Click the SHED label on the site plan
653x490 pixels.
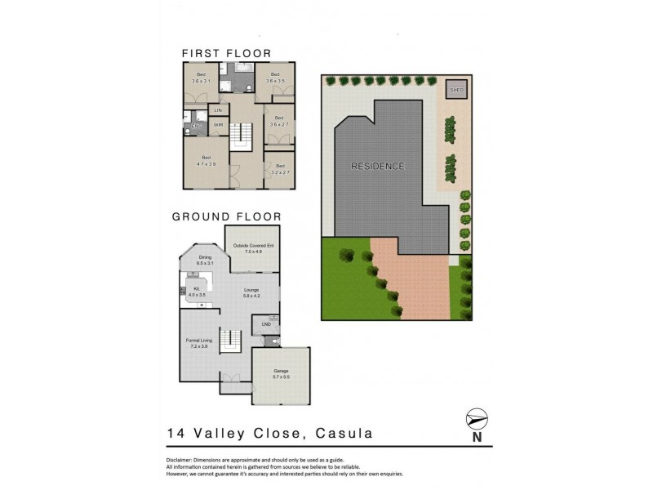[455, 91]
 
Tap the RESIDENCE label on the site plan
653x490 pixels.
[377, 167]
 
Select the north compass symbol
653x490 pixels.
[476, 420]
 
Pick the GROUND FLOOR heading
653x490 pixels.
[226, 217]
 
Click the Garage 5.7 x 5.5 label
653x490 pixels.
[281, 374]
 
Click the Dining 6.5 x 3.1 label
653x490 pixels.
[205, 261]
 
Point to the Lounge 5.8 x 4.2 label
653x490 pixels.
[251, 293]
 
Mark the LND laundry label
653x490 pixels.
[265, 326]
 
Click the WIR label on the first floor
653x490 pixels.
[218, 125]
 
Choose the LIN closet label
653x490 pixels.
[218, 109]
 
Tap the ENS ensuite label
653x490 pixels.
[196, 125]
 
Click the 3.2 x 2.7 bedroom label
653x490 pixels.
[279, 169]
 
